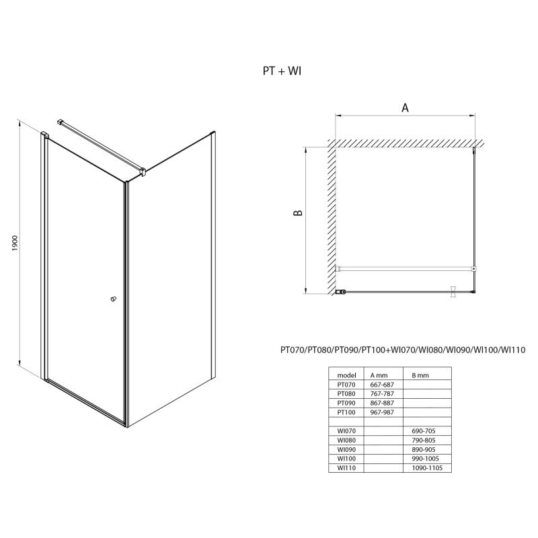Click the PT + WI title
coord(282,71)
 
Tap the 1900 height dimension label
coord(14,243)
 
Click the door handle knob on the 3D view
coord(113,299)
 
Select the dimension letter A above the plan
coord(405,108)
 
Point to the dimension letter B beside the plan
coord(298,213)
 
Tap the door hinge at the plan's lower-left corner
coord(340,292)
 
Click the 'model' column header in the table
coord(346,375)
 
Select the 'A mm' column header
coord(379,375)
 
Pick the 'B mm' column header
coord(420,375)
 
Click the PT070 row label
coord(346,385)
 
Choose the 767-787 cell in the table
coord(382,394)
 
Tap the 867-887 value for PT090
coord(382,403)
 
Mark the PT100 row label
coord(346,412)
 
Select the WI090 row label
coord(346,449)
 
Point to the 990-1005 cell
coord(425,459)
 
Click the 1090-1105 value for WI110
coord(427,467)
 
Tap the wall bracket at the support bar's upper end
coord(61,122)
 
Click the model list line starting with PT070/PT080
coord(403,350)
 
